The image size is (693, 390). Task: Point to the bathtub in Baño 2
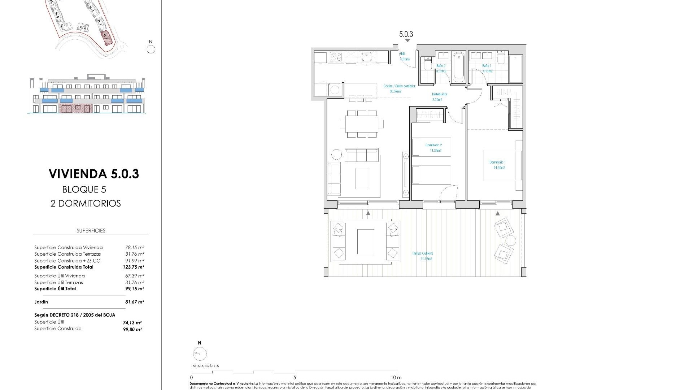click(459, 66)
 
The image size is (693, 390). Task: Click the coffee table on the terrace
click(366, 242)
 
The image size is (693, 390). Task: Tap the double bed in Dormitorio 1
click(502, 165)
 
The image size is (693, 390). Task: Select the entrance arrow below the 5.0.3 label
click(407, 41)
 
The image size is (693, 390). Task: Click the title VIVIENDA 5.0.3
click(94, 174)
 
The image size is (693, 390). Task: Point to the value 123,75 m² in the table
click(133, 267)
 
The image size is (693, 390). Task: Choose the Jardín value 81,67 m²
click(134, 302)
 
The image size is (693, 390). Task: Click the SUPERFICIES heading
click(91, 230)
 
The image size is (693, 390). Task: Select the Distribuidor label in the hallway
click(440, 94)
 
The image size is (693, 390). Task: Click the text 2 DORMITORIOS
click(86, 203)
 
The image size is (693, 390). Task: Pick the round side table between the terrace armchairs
click(510, 240)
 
